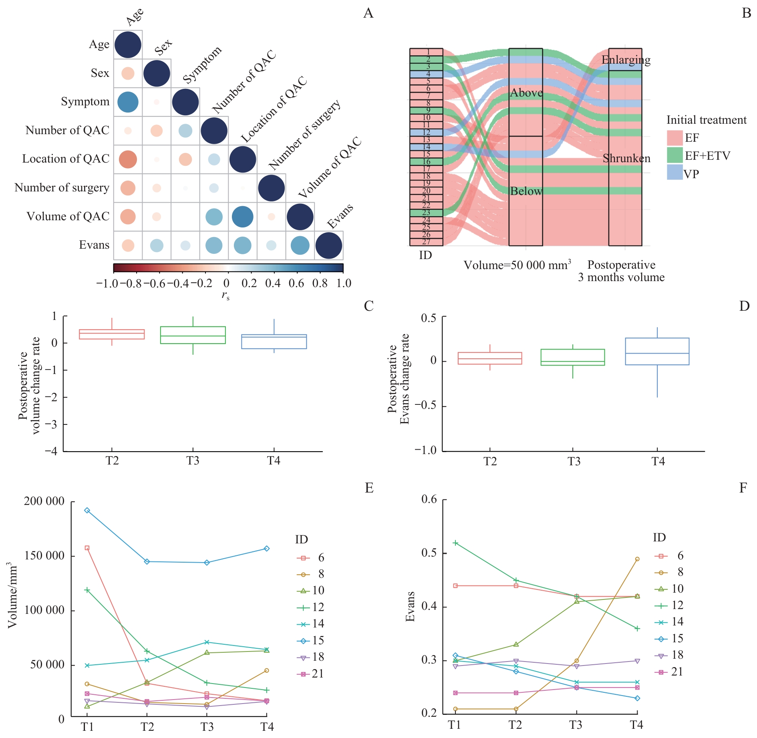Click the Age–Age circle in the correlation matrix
tap(128, 45)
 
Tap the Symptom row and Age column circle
tap(128, 102)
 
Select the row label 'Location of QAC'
tap(66, 159)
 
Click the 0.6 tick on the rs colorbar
tap(296, 284)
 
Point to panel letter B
tap(746, 13)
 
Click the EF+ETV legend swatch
tap(674, 155)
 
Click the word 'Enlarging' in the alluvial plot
tap(626, 60)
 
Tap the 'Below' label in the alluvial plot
tap(526, 191)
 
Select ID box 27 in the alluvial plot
tap(426, 242)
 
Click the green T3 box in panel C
tap(193, 335)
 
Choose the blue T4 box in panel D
tap(657, 351)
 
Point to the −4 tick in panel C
tap(51, 451)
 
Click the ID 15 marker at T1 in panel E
tap(87, 511)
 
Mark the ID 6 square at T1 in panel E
tap(87, 548)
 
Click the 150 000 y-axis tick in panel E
tap(44, 556)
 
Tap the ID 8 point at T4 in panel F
tap(637, 559)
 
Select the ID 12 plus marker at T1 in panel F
tap(455, 543)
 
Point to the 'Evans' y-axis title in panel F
tap(410, 607)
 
